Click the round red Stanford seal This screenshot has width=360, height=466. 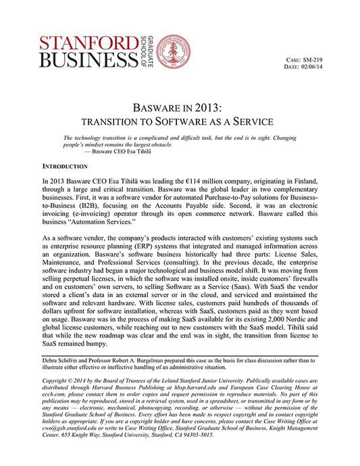[x=172, y=51]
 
